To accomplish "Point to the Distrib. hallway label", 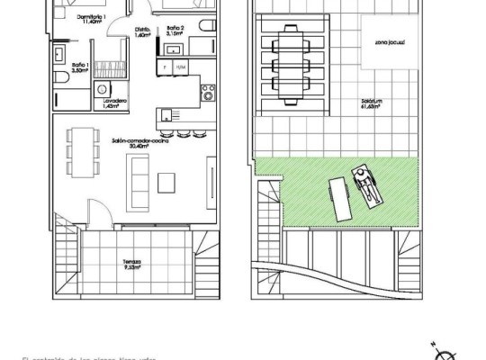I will point(141,31).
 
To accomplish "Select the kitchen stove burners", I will point(208,91).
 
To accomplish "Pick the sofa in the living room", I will point(140,168).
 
